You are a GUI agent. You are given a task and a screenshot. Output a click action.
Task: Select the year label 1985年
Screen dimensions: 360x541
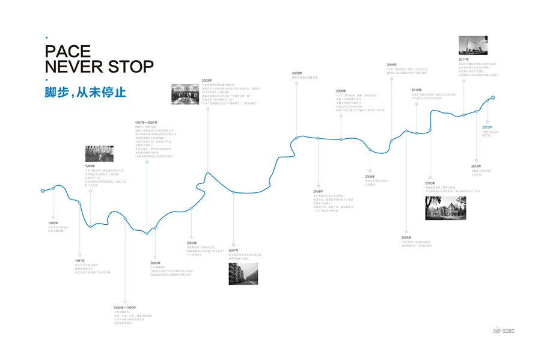53,223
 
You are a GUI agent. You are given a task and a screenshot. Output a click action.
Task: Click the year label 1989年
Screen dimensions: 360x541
90,165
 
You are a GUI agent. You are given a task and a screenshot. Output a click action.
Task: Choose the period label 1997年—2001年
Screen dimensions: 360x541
147,123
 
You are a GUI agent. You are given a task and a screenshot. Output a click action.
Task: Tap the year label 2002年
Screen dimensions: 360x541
191,243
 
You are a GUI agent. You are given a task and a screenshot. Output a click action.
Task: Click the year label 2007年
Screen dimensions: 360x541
233,251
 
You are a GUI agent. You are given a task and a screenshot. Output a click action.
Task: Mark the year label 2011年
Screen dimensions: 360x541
463,59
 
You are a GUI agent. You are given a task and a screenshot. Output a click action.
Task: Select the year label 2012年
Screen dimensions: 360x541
475,166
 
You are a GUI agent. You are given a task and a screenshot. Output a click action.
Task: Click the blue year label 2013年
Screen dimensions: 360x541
487,127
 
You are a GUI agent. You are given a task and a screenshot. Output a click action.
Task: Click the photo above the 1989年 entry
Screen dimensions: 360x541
99,154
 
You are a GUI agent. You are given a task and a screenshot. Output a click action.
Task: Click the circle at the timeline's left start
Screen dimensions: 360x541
43,191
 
